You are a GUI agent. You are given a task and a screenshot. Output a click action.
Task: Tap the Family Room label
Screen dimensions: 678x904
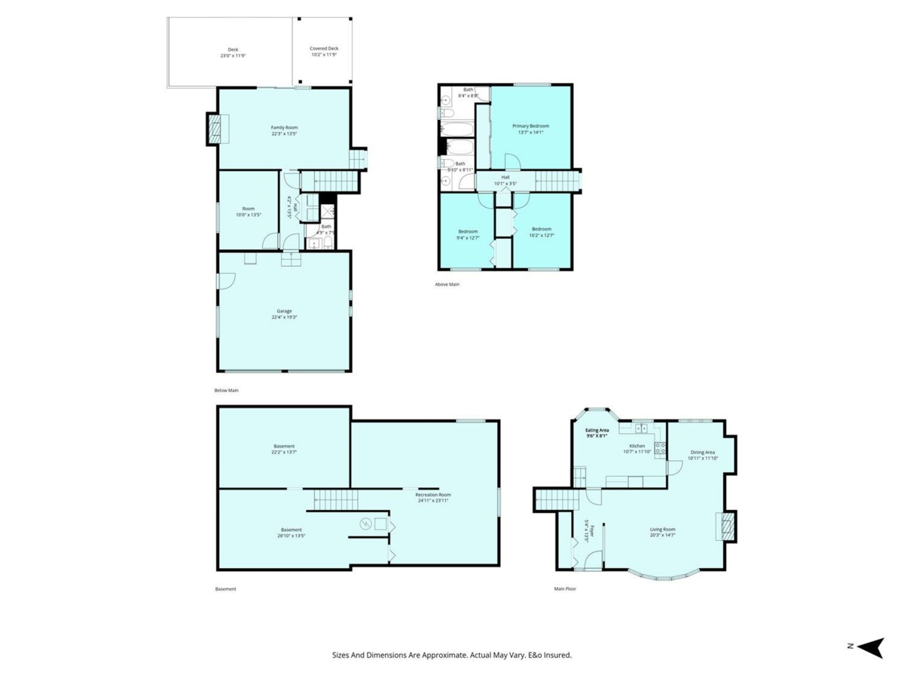pyautogui.click(x=284, y=127)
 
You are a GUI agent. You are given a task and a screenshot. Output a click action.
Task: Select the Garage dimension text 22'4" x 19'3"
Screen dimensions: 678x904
pyautogui.click(x=284, y=317)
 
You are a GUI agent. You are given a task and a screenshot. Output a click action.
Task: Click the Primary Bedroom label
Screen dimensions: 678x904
pyautogui.click(x=530, y=126)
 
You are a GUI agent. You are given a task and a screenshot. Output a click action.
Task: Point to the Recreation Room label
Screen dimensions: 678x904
pyautogui.click(x=433, y=495)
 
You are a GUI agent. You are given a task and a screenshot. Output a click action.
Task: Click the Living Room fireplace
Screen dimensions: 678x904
pyautogui.click(x=726, y=526)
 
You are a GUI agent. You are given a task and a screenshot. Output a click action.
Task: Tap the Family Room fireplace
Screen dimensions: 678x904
pyautogui.click(x=216, y=129)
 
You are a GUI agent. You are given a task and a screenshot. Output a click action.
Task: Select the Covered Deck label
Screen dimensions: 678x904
pyautogui.click(x=324, y=48)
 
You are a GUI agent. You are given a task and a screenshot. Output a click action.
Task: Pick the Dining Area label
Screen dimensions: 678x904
pyautogui.click(x=702, y=452)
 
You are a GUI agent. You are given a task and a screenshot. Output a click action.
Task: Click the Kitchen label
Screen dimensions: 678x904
pyautogui.click(x=637, y=446)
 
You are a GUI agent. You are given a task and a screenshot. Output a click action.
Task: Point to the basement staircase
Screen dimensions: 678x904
pyautogui.click(x=332, y=498)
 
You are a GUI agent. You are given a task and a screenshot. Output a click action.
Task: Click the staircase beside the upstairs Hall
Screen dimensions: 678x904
pyautogui.click(x=557, y=181)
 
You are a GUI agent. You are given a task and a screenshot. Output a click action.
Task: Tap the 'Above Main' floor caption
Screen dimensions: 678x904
pyautogui.click(x=447, y=284)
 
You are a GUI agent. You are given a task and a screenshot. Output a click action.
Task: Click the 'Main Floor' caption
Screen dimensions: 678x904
pyautogui.click(x=565, y=588)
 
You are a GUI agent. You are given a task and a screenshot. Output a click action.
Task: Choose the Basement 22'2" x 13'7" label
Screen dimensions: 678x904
pyautogui.click(x=284, y=446)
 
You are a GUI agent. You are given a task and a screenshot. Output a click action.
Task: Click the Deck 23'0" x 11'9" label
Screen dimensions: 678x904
pyautogui.click(x=234, y=50)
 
